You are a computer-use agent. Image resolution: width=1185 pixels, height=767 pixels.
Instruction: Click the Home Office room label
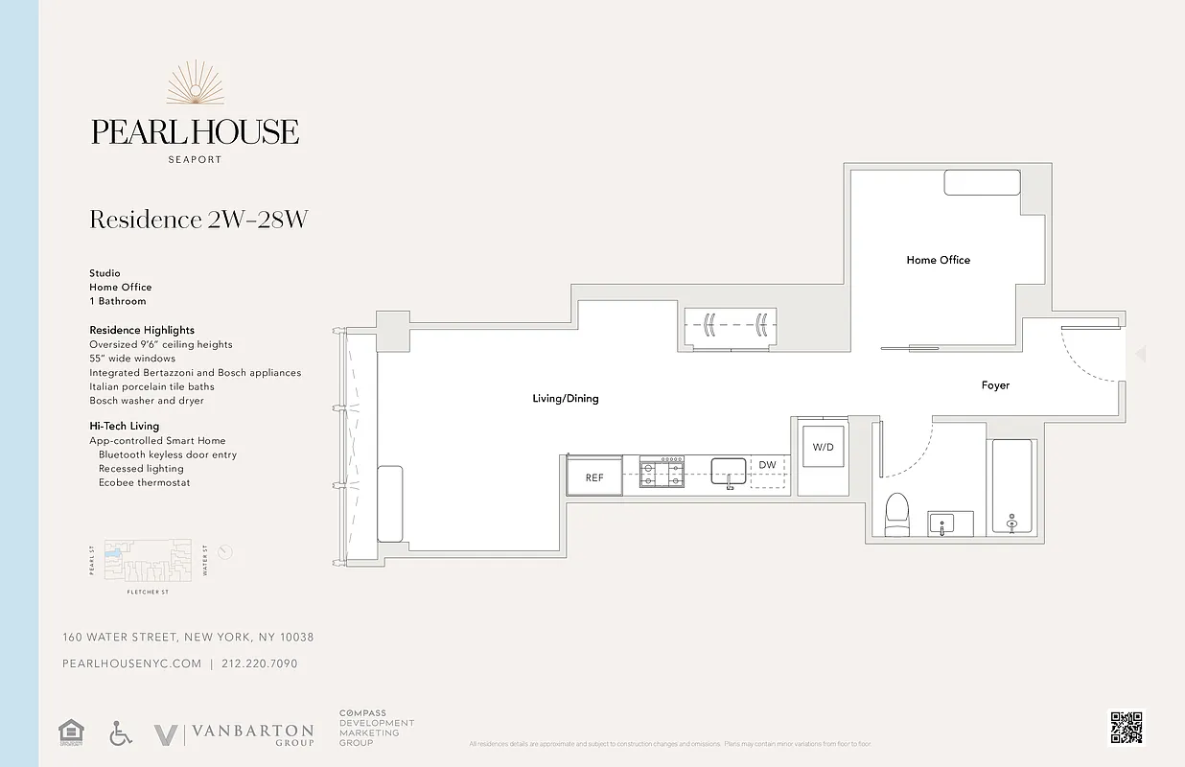[938, 260]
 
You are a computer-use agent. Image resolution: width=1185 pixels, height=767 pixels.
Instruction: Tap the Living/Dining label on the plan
[565, 398]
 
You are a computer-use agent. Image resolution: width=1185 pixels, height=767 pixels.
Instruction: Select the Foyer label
[995, 385]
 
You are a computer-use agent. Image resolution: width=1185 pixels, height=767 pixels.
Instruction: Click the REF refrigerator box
[594, 476]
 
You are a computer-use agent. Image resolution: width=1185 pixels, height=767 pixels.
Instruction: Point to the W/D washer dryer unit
[823, 448]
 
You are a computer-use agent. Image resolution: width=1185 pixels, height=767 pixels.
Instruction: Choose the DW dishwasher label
[767, 465]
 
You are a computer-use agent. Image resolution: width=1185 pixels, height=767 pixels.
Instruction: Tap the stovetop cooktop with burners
[662, 473]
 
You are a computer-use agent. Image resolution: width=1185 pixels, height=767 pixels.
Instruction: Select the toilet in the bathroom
[896, 514]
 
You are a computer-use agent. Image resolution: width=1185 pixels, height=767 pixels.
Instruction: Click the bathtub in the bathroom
[1011, 486]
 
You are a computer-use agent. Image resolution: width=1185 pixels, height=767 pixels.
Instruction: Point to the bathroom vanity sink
[943, 524]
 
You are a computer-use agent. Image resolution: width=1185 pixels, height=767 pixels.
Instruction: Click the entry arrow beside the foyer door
[1140, 355]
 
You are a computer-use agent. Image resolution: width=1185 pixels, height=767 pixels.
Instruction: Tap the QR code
[1127, 727]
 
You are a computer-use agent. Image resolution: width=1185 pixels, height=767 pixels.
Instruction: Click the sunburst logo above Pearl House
[195, 83]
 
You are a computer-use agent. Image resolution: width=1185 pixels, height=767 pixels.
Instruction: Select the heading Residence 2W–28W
[198, 220]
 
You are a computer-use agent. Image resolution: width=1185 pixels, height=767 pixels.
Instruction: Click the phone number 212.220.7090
[259, 663]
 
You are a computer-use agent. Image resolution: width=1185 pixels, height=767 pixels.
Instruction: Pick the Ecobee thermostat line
[144, 482]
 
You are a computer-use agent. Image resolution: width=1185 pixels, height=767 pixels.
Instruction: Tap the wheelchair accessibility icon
[121, 734]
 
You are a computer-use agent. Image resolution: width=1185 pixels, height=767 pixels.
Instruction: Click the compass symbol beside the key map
[225, 552]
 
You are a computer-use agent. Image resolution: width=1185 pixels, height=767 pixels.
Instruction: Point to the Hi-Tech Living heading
[125, 426]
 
